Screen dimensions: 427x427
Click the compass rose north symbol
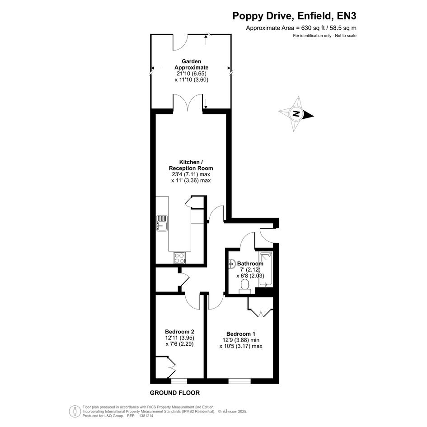point(296,114)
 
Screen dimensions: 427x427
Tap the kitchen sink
point(162,223)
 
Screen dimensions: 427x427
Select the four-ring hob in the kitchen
point(180,258)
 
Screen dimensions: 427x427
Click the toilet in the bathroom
point(245,287)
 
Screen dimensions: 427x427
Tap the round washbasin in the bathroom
point(232,263)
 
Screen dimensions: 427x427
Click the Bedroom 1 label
point(241,334)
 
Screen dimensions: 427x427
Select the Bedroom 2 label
point(179,332)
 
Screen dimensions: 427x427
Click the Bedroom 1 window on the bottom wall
point(239,381)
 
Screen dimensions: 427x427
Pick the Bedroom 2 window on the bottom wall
point(179,381)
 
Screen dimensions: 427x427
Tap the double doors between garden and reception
point(188,102)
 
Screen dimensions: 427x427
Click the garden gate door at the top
point(180,42)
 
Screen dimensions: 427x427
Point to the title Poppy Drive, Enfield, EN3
point(294,16)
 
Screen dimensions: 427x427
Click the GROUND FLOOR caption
point(175,393)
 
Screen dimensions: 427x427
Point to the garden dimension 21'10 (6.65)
point(192,74)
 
